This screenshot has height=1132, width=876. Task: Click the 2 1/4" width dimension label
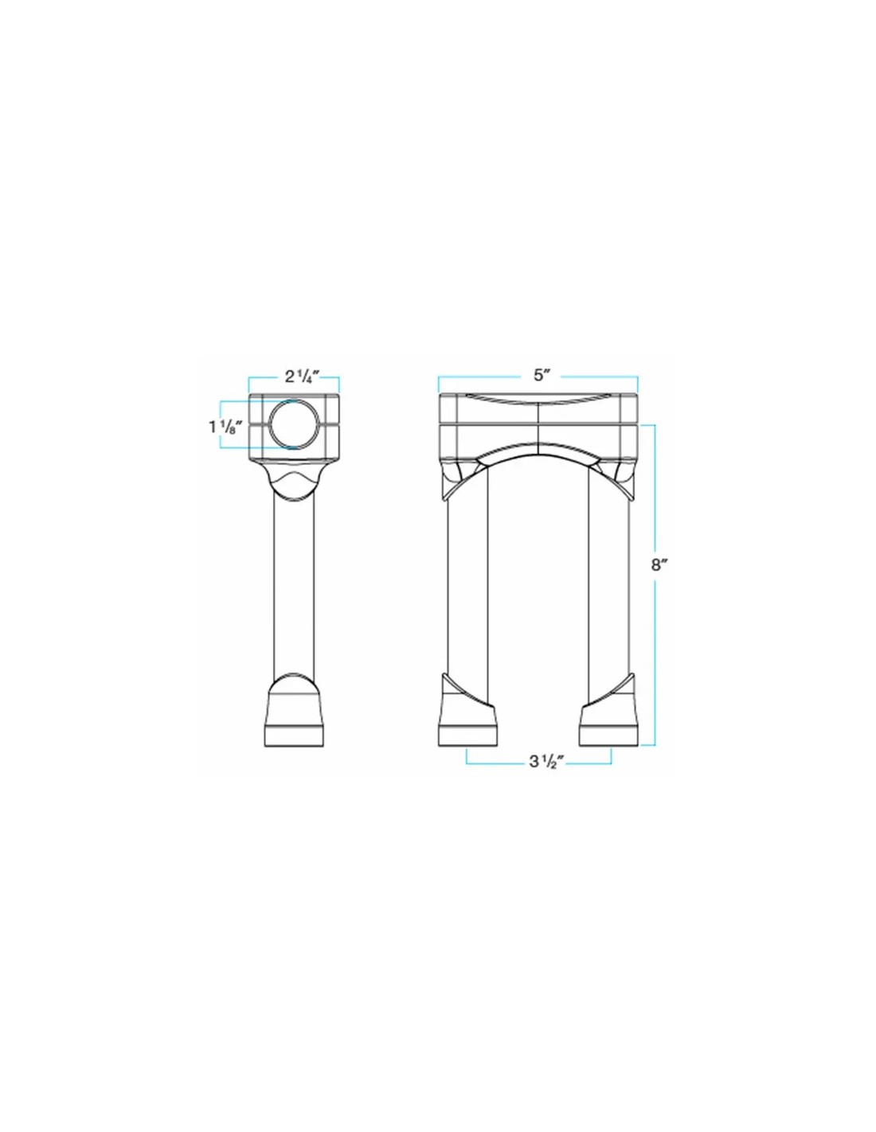click(301, 376)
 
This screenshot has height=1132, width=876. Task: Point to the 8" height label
click(659, 565)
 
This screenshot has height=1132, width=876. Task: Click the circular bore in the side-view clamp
click(290, 424)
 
